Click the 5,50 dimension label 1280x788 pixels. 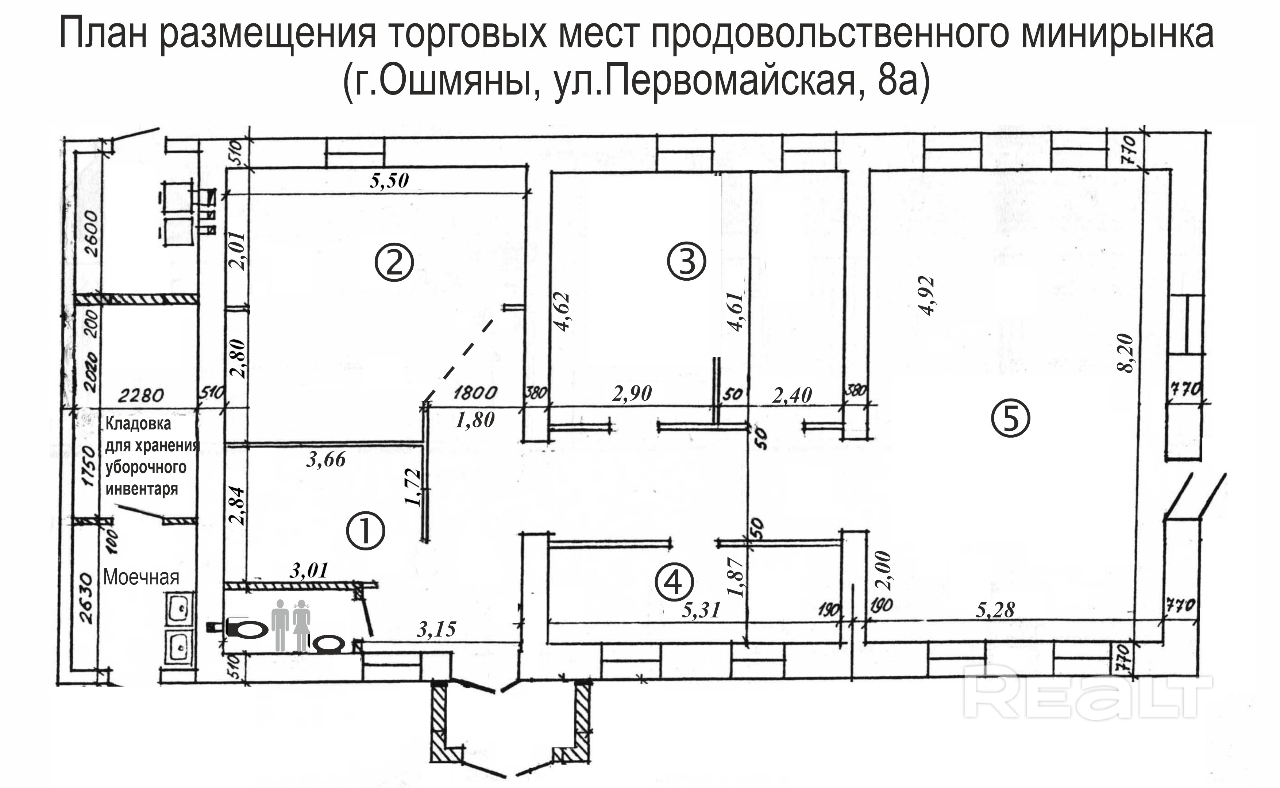[389, 180]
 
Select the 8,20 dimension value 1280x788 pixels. [1125, 353]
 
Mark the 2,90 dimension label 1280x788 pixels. [632, 393]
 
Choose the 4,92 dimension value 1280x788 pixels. [928, 296]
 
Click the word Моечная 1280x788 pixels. [141, 577]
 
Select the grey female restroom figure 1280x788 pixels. [301, 625]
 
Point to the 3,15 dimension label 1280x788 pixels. [436, 630]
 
